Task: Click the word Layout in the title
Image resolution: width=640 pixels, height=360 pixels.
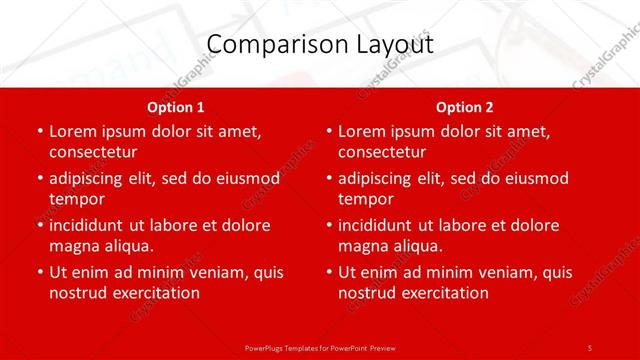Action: click(396, 45)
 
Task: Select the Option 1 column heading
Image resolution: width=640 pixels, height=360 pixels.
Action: click(175, 107)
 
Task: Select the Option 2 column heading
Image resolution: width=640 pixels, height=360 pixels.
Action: click(464, 107)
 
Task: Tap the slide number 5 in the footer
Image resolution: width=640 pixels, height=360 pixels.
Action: click(590, 347)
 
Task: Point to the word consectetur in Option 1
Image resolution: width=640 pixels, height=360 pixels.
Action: click(93, 152)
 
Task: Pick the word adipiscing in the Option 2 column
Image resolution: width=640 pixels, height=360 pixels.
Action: click(383, 178)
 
